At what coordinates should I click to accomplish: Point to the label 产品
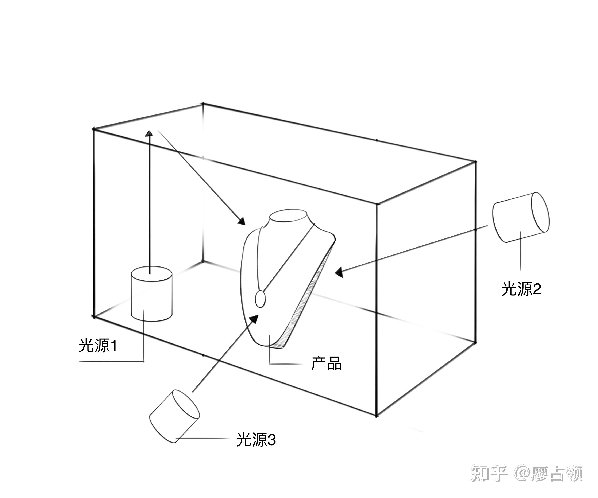[326, 363]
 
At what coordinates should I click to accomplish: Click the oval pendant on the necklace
[260, 299]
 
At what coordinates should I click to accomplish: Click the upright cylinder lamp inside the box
[151, 295]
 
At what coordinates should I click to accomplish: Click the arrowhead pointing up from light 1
[149, 133]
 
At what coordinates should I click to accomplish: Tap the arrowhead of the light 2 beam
[339, 273]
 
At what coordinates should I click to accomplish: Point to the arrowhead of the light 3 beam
[255, 319]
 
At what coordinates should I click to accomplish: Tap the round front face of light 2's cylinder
[540, 212]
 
